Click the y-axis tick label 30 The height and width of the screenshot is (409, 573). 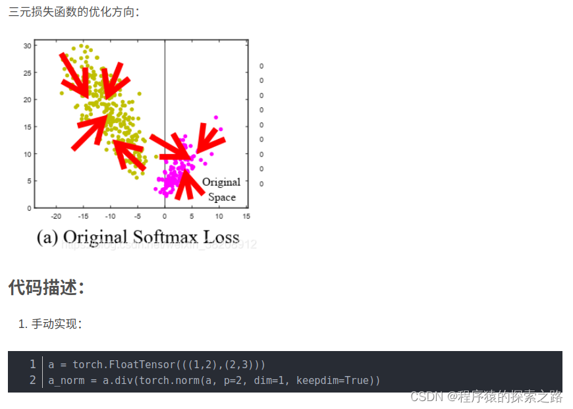(x=27, y=45)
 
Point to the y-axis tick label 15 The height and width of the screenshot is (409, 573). (x=27, y=127)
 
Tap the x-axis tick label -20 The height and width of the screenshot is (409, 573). (x=56, y=216)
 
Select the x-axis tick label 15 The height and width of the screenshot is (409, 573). (x=246, y=216)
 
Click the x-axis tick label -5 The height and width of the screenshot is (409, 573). (x=138, y=216)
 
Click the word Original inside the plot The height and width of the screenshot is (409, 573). (x=221, y=182)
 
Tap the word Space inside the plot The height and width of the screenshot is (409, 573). (x=222, y=197)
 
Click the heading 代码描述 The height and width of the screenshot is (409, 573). (x=46, y=287)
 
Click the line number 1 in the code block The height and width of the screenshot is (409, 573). (x=32, y=364)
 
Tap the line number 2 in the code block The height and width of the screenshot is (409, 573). (x=32, y=381)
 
